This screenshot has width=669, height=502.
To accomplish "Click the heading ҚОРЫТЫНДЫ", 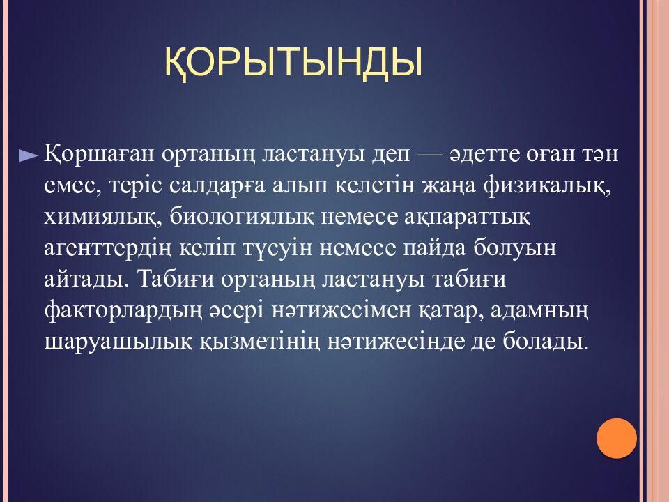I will click(293, 61).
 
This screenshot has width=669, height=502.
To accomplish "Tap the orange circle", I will click(617, 438).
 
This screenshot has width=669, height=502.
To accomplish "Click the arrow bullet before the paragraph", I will click(29, 157).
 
